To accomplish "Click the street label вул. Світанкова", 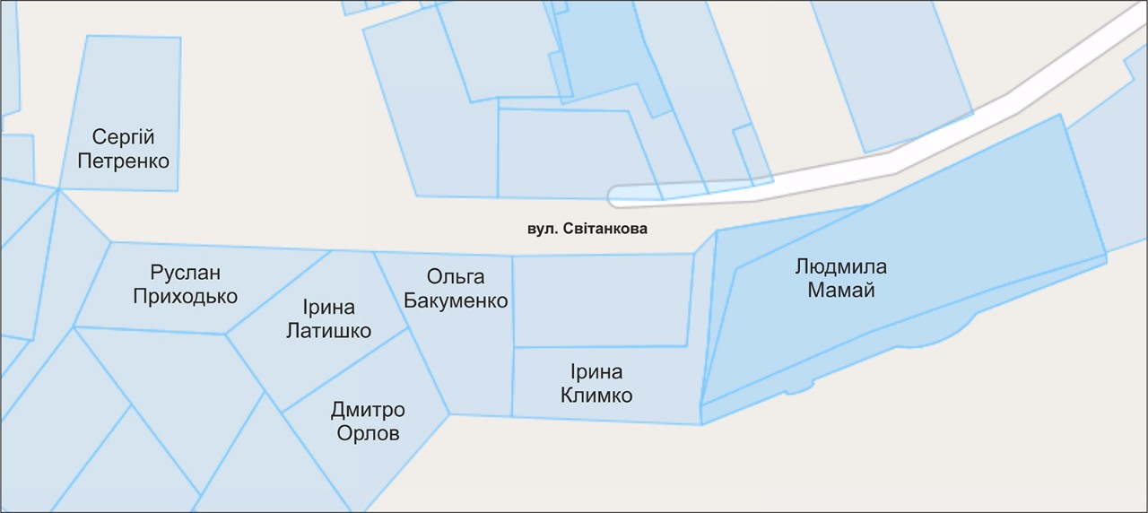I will (587, 230).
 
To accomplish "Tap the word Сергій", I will (124, 138).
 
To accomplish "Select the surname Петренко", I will (124, 162).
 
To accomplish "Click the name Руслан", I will (186, 273).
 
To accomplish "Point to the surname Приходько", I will (186, 297).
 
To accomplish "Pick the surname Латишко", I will (328, 332).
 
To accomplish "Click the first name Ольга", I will (456, 276).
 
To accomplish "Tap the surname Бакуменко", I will (456, 300).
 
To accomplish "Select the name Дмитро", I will (368, 411).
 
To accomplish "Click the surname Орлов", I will (368, 435).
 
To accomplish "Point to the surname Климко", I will (596, 396).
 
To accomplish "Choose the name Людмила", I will (840, 266).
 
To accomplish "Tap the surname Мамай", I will (840, 291).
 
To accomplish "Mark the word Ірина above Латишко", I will (328, 308).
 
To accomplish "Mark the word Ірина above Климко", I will (596, 371).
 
